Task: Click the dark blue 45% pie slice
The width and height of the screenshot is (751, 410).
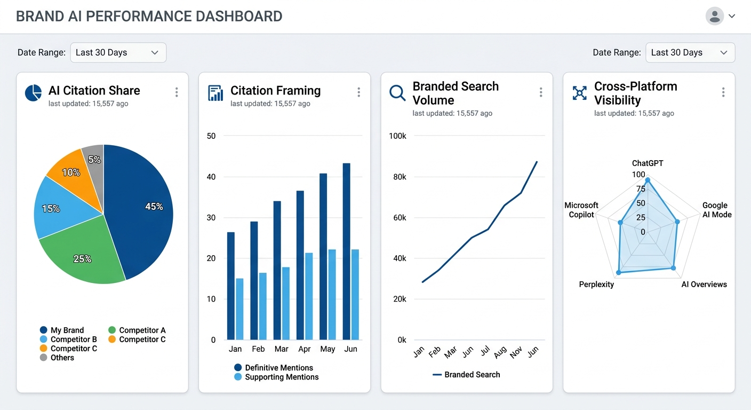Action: point(144,214)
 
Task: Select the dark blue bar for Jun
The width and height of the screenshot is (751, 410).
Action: point(347,251)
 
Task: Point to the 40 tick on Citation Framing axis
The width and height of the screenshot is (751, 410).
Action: point(211,177)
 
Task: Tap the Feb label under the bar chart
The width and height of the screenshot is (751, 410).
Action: point(258,349)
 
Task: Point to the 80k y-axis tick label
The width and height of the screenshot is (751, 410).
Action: point(397,177)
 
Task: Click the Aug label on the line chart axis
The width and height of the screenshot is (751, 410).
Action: point(500,352)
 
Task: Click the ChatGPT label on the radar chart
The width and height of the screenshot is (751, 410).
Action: point(648,163)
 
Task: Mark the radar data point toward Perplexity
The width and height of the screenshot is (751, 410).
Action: point(619,272)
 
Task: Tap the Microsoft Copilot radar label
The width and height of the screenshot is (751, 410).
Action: point(581,210)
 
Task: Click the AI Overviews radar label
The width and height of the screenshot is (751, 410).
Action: point(704,285)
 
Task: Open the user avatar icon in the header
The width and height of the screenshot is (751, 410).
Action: point(715,16)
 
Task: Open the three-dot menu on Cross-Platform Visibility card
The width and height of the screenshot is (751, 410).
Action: point(723,92)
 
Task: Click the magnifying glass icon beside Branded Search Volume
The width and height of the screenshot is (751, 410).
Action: point(397,93)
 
